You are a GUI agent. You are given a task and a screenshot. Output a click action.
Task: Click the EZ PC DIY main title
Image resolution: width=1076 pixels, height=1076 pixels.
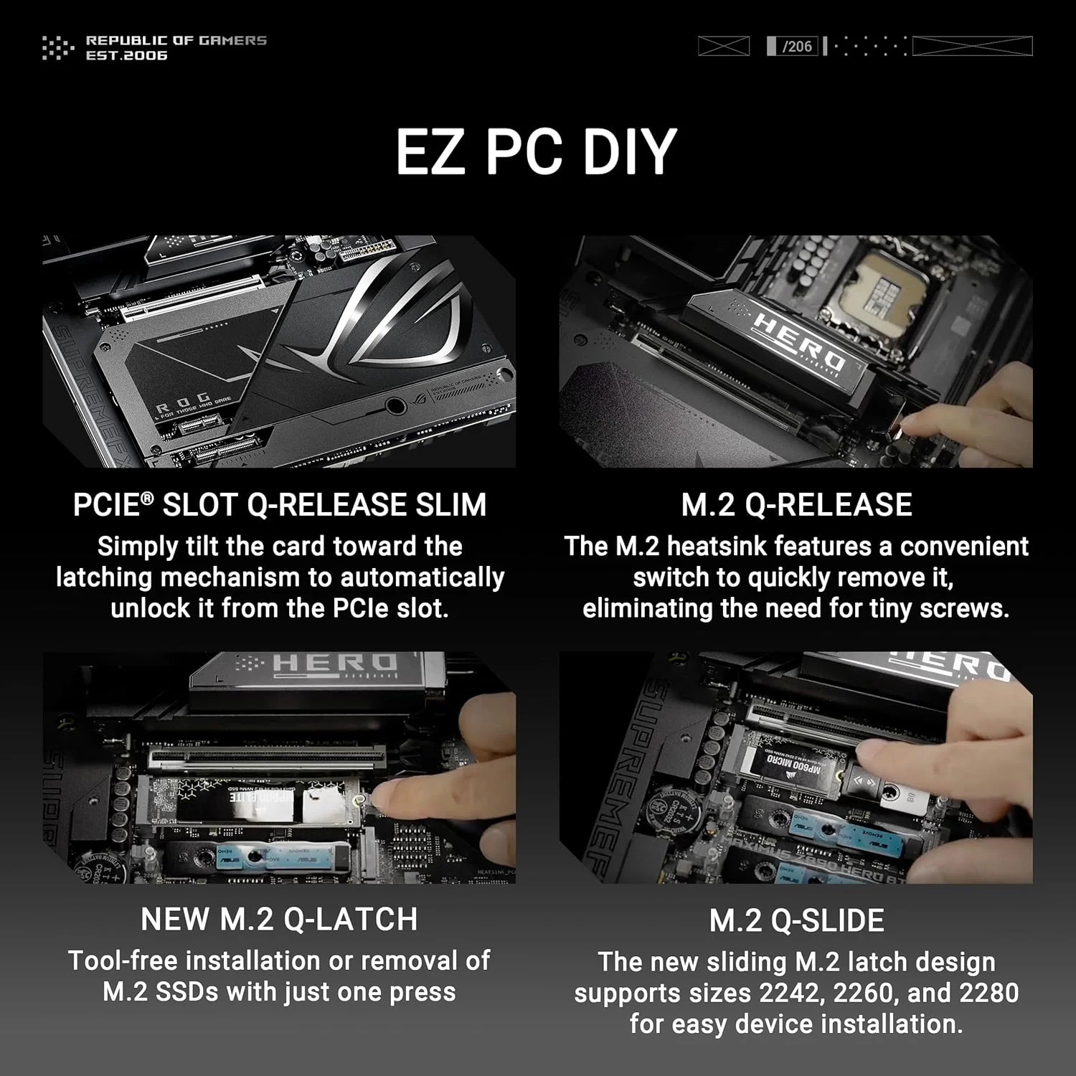(537, 151)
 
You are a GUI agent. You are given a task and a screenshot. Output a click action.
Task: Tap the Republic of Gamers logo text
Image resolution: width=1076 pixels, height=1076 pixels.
(176, 47)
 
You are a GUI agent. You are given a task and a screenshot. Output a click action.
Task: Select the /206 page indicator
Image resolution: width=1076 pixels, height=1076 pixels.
(796, 47)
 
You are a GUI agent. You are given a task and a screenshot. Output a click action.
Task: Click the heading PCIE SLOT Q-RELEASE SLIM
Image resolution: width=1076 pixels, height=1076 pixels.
(280, 505)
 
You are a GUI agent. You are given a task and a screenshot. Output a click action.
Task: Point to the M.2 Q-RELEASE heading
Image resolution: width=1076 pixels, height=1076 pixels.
(796, 505)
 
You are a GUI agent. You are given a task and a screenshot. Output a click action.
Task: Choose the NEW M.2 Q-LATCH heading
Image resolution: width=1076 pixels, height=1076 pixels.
(280, 920)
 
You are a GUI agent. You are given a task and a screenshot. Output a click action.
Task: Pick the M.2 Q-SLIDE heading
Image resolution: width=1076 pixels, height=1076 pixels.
(796, 921)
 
